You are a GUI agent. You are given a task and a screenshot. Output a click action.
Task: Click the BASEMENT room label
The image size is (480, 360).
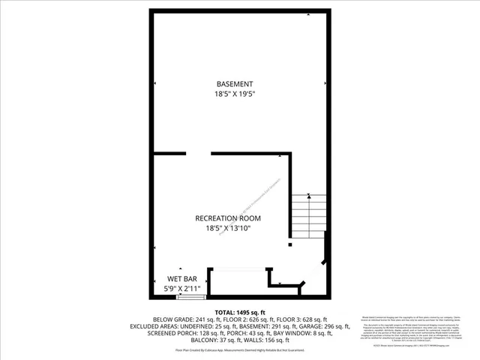coord(235,84)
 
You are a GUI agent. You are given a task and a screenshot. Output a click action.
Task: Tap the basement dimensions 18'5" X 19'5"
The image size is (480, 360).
coord(235,94)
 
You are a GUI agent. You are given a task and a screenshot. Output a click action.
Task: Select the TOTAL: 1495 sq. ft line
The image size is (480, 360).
coord(240,312)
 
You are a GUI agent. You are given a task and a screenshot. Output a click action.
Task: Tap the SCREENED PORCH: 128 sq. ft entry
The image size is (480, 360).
coord(186,332)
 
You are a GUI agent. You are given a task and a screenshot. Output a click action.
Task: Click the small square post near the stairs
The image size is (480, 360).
coord(290,244)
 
